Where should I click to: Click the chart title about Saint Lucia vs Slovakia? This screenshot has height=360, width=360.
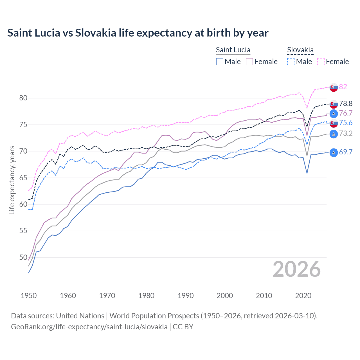click(138, 33)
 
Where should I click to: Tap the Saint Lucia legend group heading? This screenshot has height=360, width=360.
click(233, 50)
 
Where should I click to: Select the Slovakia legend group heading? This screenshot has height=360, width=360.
click(300, 50)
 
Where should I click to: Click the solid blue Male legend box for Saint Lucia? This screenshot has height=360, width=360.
click(220, 62)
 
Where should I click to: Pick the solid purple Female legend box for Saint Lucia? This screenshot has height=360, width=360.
click(249, 62)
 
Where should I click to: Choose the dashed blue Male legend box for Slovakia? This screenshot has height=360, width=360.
click(291, 62)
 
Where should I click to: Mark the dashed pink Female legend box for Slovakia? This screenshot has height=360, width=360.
click(321, 62)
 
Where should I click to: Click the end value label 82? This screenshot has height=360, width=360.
click(343, 87)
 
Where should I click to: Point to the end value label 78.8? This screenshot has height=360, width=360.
click(346, 104)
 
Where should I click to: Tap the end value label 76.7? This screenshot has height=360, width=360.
click(346, 113)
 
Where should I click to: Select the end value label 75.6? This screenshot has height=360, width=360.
click(346, 123)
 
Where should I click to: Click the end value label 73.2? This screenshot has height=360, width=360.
click(346, 133)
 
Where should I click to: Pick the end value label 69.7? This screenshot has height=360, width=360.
click(346, 152)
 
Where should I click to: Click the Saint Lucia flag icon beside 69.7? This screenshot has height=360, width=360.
click(334, 152)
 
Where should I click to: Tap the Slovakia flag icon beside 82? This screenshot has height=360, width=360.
click(334, 87)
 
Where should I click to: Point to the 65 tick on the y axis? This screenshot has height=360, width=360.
click(23, 178)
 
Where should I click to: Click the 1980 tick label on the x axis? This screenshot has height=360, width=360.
click(146, 296)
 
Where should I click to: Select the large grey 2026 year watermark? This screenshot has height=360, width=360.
click(296, 269)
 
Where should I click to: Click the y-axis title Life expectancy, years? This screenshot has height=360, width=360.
click(12, 180)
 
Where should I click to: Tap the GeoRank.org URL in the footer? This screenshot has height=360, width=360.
click(89, 327)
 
